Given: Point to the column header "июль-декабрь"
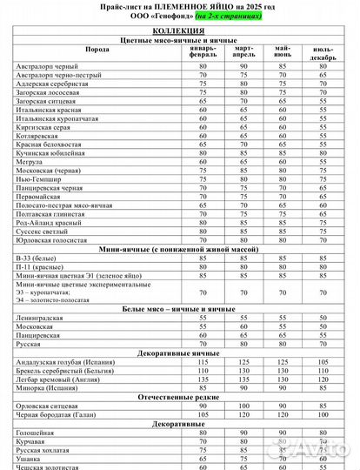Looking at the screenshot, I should coord(323,52).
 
